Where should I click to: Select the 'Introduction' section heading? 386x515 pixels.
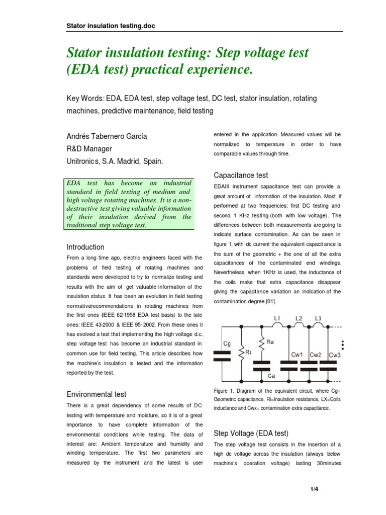(85, 247)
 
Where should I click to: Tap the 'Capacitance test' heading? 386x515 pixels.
(241, 176)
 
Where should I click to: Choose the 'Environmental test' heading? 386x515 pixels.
(96, 394)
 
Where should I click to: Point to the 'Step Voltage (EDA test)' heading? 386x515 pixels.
(251, 433)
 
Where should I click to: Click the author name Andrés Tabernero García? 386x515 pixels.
(107, 136)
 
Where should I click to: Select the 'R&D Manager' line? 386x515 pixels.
(89, 149)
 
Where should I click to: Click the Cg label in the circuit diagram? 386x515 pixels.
(227, 344)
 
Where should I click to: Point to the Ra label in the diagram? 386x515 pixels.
(270, 341)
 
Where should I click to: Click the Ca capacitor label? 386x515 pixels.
(271, 376)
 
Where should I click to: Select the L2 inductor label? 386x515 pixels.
(299, 319)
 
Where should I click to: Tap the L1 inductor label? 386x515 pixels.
(276, 319)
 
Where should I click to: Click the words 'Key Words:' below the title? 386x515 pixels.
(82, 98)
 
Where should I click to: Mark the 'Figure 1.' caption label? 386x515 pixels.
(225, 391)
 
